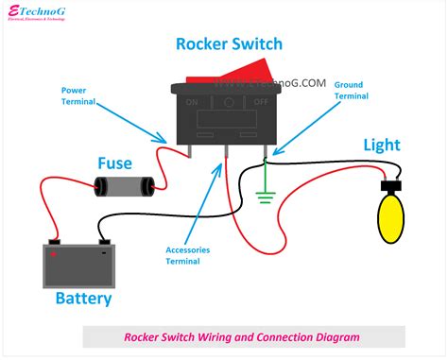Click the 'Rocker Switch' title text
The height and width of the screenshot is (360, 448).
click(229, 43)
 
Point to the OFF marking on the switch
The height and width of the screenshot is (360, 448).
click(260, 100)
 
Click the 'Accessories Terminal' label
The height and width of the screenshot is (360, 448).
click(187, 256)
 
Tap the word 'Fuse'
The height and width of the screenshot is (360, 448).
click(114, 163)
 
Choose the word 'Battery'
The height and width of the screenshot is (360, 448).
click(83, 299)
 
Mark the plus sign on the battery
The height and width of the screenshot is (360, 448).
click(55, 253)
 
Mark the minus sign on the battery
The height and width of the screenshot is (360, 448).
click(102, 253)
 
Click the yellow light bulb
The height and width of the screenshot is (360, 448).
click(389, 216)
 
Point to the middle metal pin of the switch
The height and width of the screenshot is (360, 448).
click(226, 148)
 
